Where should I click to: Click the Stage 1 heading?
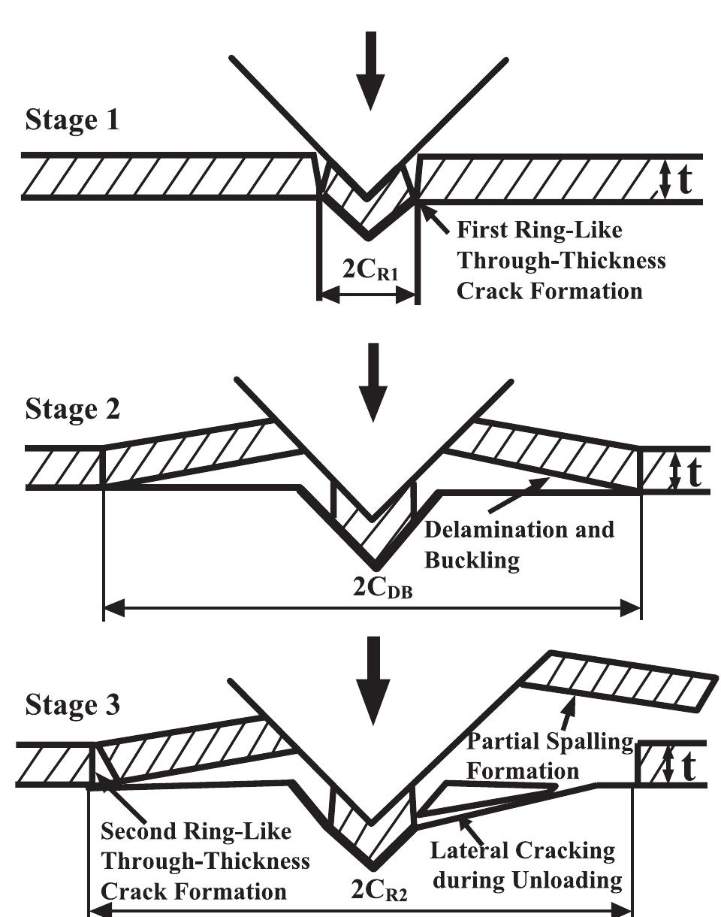[x=72, y=120]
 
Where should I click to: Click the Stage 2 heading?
[x=74, y=410]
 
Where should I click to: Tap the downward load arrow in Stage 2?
[x=373, y=375]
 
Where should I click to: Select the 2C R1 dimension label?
[x=367, y=270]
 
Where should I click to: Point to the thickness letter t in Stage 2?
[x=697, y=471]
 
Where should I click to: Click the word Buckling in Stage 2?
[x=472, y=561]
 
